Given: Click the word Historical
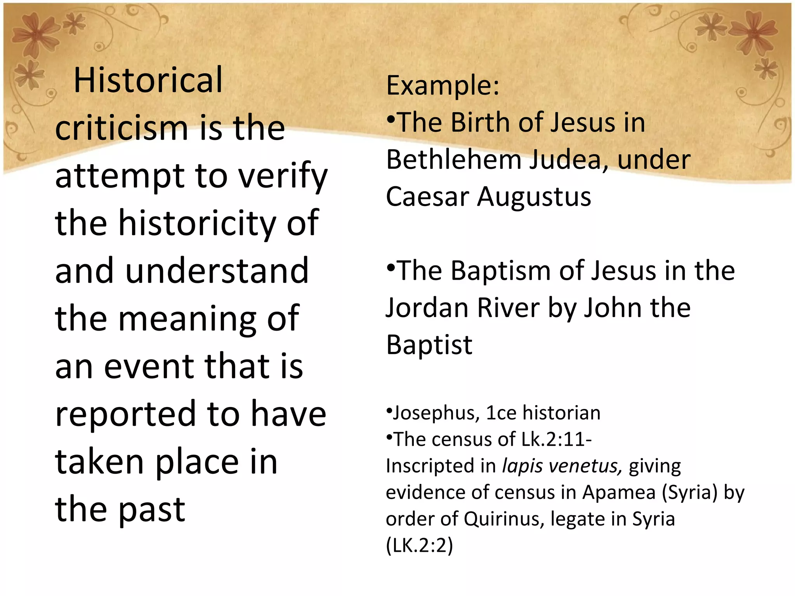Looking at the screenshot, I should coord(148,80).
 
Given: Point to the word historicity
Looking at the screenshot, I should coord(197,223).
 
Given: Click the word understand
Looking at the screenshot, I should coord(217,271).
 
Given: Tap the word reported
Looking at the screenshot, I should coord(126,414).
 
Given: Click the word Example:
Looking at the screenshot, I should coord(443,85).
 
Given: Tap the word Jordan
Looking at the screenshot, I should coord(427,308).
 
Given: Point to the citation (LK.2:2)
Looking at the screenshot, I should coord(419,546).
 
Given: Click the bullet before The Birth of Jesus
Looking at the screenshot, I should coord(391,118).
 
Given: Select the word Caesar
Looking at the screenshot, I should coord(427,197).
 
